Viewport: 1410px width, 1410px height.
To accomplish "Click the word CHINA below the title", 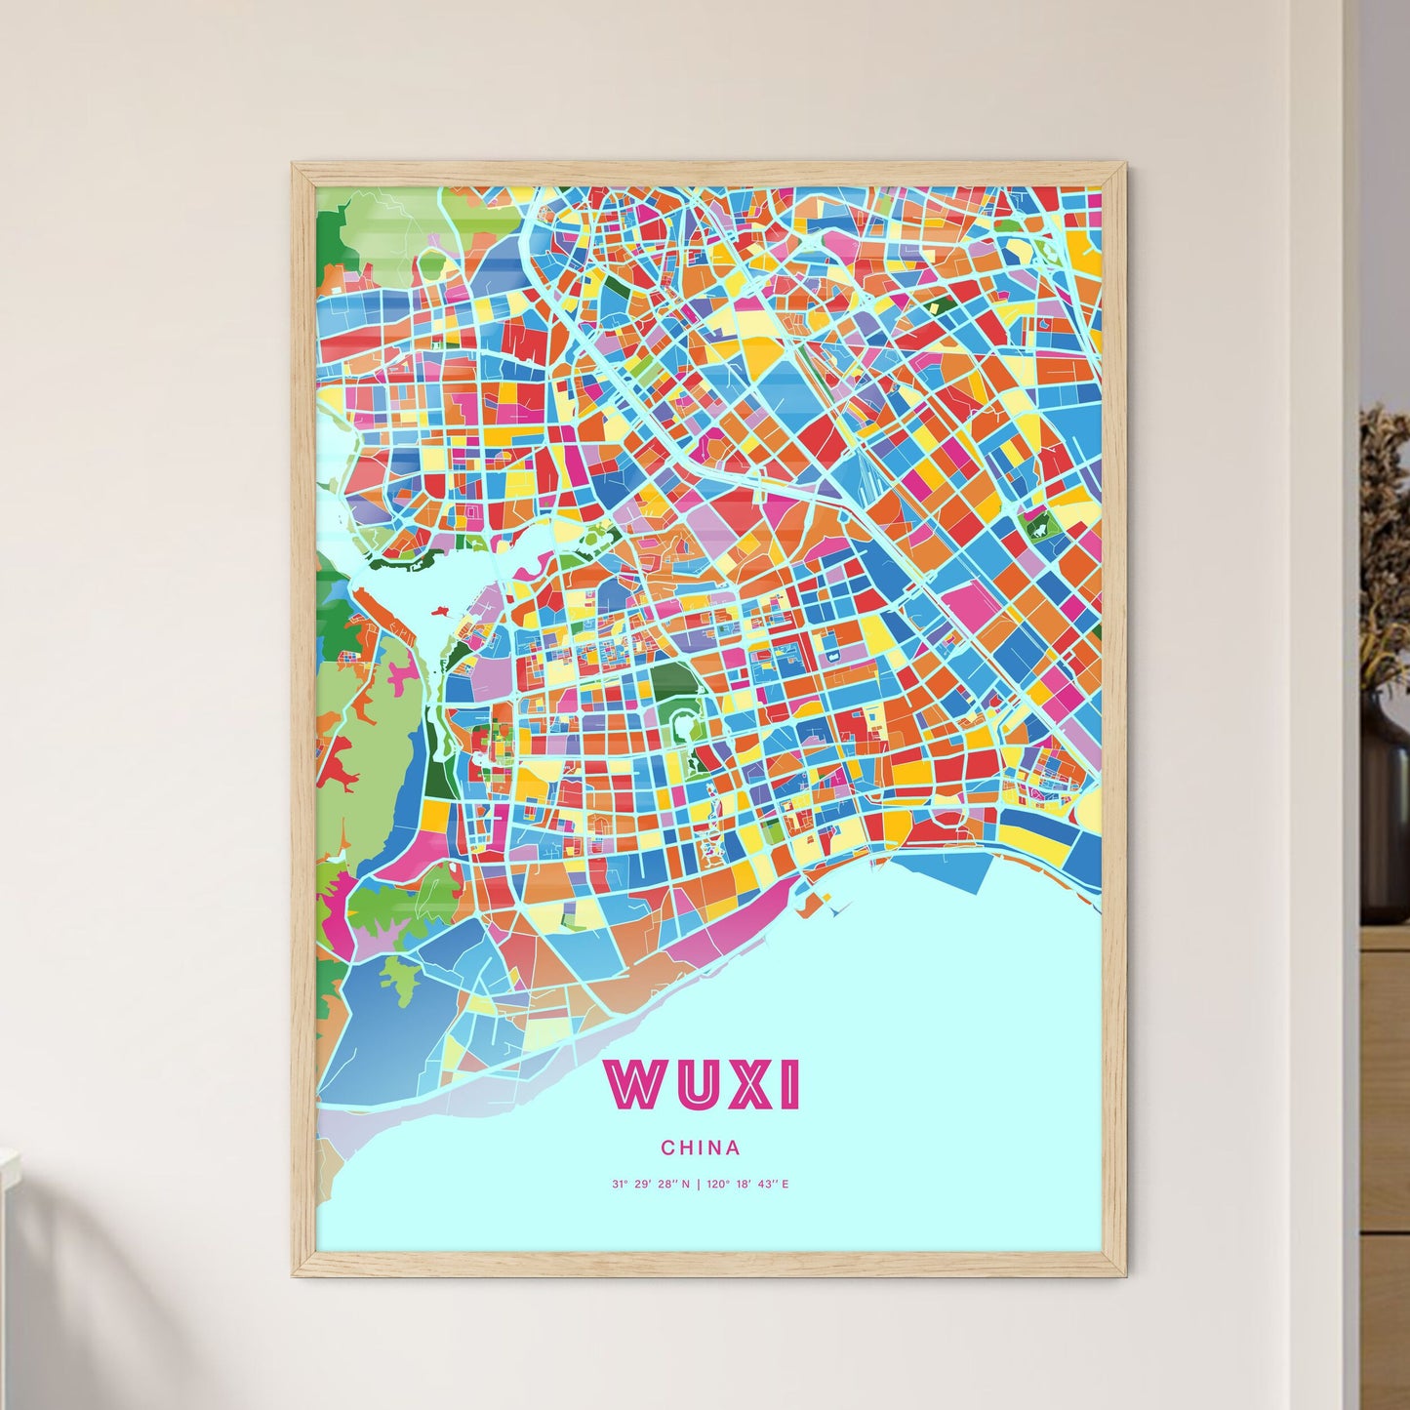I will pyautogui.click(x=701, y=1148).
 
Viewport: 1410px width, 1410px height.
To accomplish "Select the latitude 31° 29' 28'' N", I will pyautogui.click(x=650, y=1185).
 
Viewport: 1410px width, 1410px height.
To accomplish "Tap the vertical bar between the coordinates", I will pyautogui.click(x=699, y=1185).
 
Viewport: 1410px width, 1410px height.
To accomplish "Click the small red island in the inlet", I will pyautogui.click(x=437, y=612).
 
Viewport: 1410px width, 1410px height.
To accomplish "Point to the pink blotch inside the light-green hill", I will pyautogui.click(x=397, y=673).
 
